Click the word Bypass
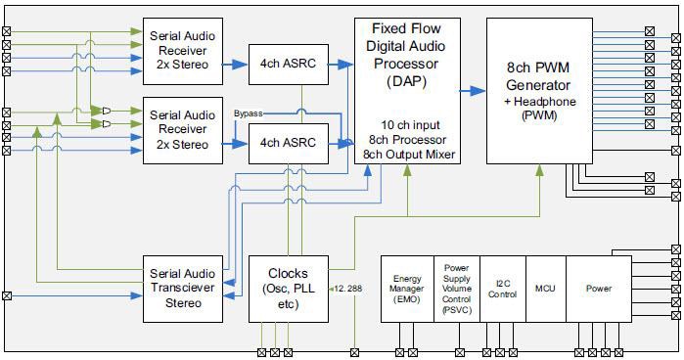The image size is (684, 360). [249, 114]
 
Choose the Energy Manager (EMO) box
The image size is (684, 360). [406, 289]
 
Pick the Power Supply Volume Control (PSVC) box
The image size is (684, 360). [456, 289]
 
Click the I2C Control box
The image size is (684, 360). [502, 289]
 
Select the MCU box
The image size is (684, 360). [545, 289]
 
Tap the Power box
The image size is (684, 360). [598, 289]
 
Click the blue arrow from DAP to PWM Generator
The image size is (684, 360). [474, 91]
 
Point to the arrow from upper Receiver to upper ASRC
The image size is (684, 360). [235, 65]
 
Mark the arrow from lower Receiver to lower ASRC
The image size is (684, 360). [235, 144]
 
